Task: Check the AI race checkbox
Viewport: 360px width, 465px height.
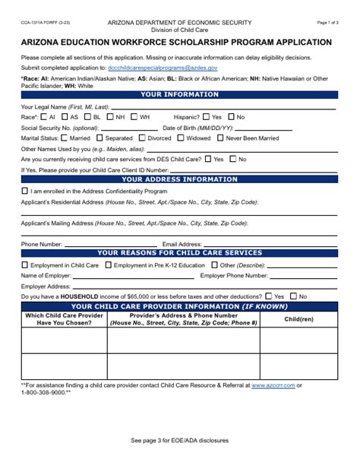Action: click(44, 117)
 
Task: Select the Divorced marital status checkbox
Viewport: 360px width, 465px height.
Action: click(142, 138)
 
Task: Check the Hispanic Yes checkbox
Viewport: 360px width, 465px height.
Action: click(207, 117)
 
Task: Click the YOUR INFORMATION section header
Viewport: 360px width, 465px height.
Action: click(179, 95)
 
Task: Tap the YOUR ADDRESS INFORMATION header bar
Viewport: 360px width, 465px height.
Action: click(179, 180)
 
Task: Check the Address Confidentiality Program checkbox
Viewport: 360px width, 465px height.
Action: click(25, 191)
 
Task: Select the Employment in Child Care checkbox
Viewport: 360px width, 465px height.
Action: click(25, 265)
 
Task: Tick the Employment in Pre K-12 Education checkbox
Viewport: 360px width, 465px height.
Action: click(108, 265)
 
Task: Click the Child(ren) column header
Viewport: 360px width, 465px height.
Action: click(298, 318)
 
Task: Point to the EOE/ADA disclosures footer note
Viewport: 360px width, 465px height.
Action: click(179, 441)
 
